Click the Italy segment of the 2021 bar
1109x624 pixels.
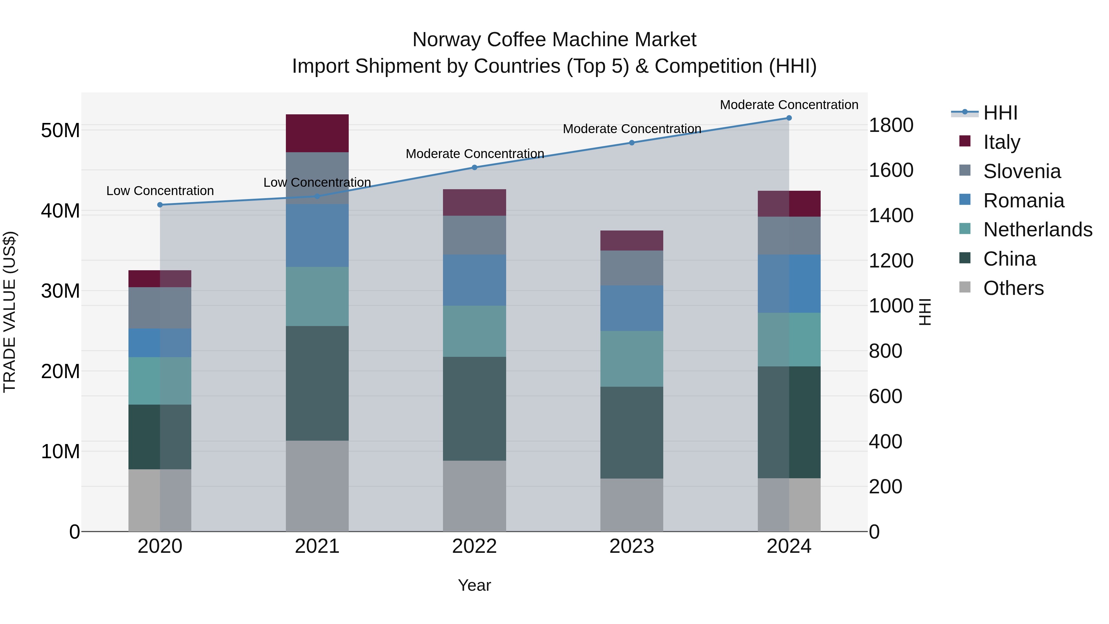[317, 133]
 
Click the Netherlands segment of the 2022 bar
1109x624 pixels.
[474, 331]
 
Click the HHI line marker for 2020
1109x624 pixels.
[160, 205]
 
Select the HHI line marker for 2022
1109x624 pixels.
[474, 168]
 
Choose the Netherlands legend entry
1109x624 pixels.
[1038, 230]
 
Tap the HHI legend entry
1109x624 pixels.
[1000, 113]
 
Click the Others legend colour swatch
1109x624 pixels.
[965, 287]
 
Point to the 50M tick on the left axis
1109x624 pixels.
[60, 130]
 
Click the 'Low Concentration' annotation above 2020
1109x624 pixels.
[160, 191]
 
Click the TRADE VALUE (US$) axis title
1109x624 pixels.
[10, 312]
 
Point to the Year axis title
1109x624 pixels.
[474, 585]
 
